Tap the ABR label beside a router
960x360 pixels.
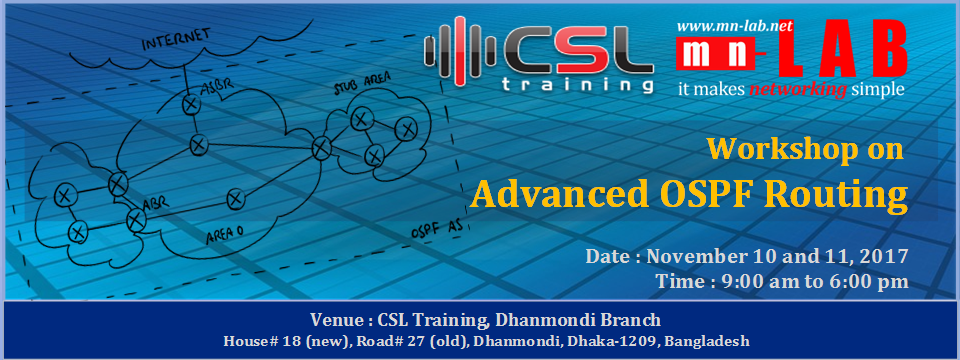(152, 204)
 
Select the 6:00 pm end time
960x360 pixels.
(864, 282)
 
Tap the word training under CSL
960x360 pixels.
(577, 85)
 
